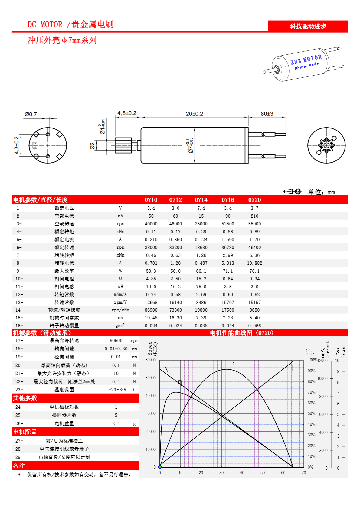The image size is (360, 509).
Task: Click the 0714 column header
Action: coord(201,200)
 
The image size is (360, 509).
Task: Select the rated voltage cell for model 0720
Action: coord(254,208)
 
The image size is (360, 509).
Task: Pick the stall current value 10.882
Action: coord(254,263)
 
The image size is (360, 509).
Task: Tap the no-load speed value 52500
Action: coord(227,224)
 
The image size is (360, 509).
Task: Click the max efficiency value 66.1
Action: coord(201,271)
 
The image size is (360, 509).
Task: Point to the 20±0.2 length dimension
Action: coord(194,114)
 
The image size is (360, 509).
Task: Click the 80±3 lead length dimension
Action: coord(267,114)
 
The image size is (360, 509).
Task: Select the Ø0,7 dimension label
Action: coord(31,114)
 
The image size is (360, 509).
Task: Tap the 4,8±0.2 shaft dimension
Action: coord(127,113)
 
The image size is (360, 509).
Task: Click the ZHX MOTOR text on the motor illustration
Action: coord(306,60)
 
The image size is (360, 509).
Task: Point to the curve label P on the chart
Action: coord(232,365)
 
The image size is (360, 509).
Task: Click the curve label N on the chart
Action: coord(166,369)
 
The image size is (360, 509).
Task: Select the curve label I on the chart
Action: coord(293,368)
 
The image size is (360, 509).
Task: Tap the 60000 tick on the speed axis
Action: coord(151,360)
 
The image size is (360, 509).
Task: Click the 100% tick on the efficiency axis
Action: coord(312,360)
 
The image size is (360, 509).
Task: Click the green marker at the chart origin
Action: coord(160,467)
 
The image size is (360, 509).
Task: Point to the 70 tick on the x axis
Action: coord(304,473)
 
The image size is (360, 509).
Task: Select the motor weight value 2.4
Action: coord(116,424)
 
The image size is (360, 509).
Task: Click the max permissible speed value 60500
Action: coord(116,341)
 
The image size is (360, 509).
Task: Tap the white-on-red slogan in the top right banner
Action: coord(308,26)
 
